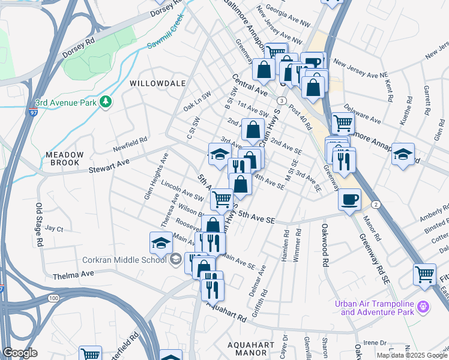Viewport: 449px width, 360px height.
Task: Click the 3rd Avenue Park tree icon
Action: (106, 101)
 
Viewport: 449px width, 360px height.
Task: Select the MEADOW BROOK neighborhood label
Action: (65, 158)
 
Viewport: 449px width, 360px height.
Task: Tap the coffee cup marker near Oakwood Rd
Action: (349, 200)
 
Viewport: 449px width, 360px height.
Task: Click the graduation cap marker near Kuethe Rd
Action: (403, 154)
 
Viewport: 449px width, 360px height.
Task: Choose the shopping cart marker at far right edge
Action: (424, 275)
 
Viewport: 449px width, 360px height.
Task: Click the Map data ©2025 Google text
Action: (412, 355)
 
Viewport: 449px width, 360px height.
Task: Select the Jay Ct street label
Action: (54, 229)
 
